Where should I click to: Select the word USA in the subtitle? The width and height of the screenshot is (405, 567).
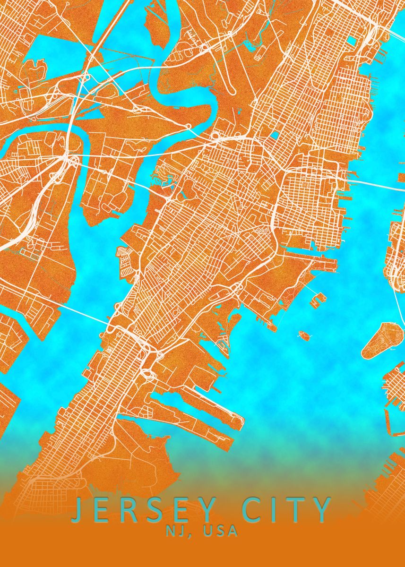219,531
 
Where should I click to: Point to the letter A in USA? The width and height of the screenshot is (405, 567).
232,531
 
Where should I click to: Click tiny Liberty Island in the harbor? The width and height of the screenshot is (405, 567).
304,335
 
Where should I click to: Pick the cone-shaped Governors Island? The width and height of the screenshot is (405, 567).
382,339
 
